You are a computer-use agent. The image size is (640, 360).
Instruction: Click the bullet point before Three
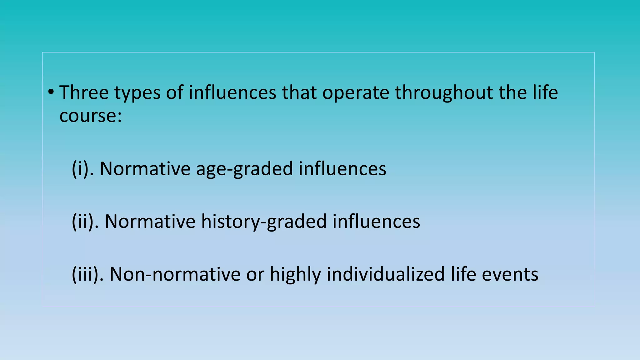(51, 92)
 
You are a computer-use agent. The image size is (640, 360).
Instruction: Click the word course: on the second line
(90, 116)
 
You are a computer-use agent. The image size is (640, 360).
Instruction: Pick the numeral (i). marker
(82, 169)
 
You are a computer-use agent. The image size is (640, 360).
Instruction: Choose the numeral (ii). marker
(85, 222)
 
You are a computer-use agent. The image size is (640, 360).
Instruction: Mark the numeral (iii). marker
(87, 274)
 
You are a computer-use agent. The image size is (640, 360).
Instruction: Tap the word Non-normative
(175, 274)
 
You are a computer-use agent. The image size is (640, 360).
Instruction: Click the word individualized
(386, 274)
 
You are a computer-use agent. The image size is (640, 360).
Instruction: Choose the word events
(510, 274)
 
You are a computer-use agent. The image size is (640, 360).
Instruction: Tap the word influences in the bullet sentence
(232, 92)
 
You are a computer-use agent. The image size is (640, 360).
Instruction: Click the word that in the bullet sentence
(299, 92)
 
